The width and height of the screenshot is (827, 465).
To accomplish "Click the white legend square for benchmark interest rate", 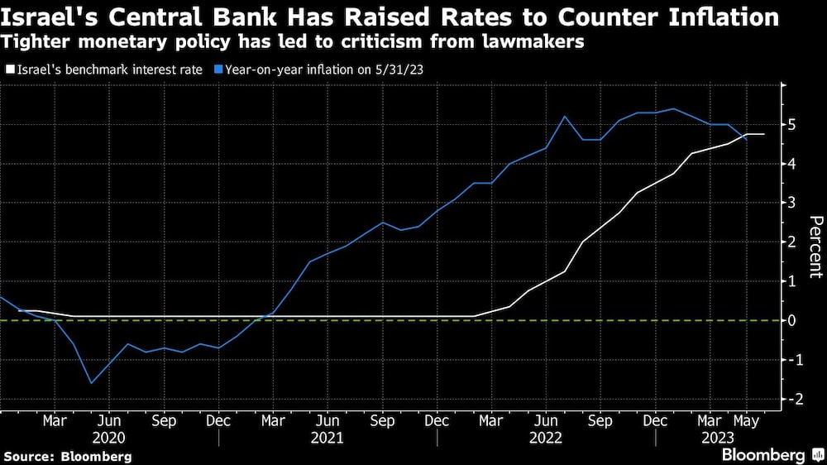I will click(x=9, y=70).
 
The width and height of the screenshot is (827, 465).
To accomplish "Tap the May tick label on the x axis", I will click(x=746, y=421).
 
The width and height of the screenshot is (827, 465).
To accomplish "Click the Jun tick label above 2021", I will click(x=327, y=421).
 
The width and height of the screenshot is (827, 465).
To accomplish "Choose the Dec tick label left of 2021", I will click(x=218, y=421).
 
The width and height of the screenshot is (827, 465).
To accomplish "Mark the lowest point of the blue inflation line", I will click(x=91, y=382).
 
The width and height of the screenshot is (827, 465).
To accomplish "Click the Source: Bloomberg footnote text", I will click(x=67, y=456).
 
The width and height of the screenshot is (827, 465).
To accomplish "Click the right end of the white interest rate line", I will click(x=764, y=134).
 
